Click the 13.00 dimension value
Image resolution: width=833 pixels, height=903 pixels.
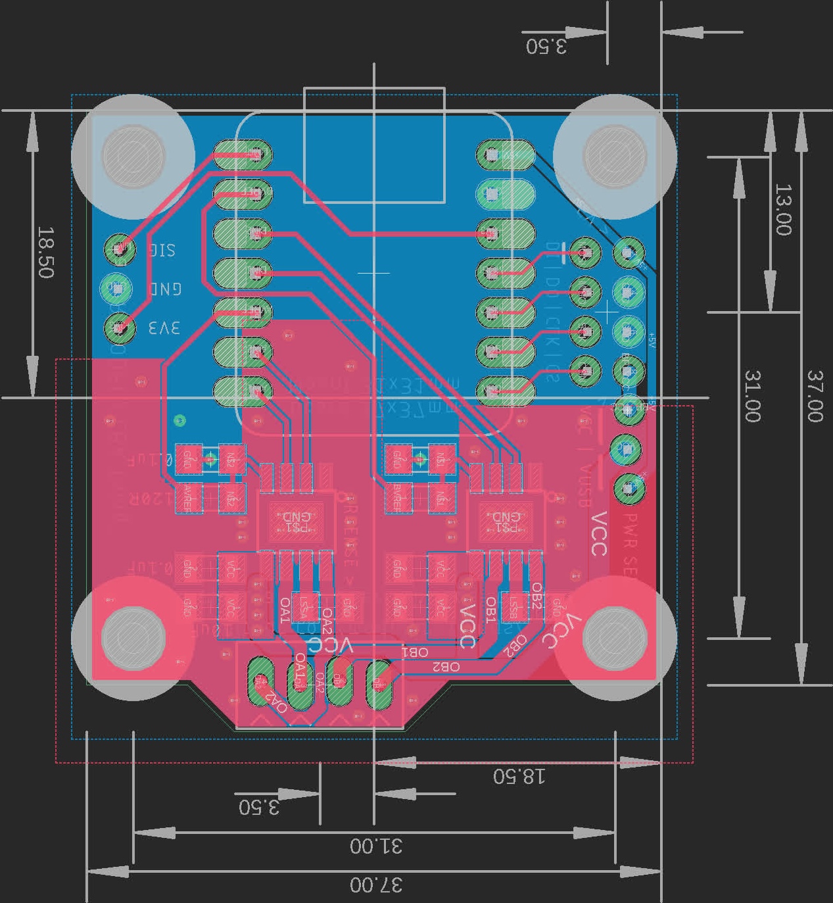tap(783, 210)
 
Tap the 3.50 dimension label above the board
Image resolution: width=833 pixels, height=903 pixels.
tap(546, 46)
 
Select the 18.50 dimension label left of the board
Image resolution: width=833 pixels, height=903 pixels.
tap(45, 253)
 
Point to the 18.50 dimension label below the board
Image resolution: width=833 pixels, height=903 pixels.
tap(519, 776)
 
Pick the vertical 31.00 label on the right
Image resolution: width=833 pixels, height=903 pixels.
tap(753, 396)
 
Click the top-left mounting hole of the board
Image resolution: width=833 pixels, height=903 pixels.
tap(133, 156)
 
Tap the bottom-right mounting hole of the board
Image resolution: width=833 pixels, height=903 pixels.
tap(615, 637)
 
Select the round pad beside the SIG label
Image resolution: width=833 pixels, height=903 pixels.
tap(120, 249)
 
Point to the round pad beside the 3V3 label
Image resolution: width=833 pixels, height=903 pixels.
tap(120, 327)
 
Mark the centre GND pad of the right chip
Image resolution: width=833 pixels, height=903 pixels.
tap(506, 522)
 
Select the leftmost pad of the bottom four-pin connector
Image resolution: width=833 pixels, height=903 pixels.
tap(260, 683)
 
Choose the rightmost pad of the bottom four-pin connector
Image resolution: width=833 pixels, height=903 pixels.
tap(378, 683)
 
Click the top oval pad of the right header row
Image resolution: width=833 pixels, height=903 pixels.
tap(506, 156)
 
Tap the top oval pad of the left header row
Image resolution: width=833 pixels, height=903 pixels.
tap(243, 156)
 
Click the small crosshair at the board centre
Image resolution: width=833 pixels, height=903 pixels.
tap(374, 272)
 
